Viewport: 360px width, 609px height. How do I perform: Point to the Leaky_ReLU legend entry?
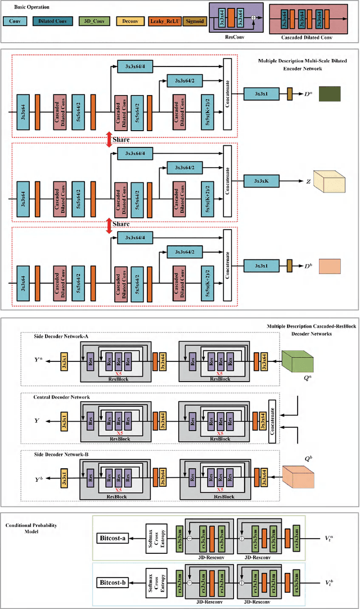coord(163,21)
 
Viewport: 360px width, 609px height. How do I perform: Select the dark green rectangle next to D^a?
coord(330,93)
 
